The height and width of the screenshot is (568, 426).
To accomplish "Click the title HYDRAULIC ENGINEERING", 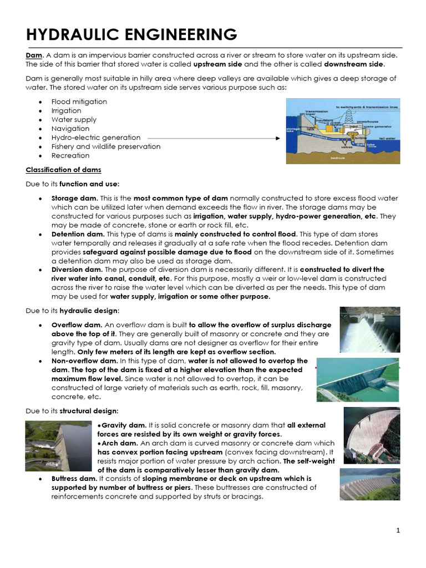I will click(x=132, y=34).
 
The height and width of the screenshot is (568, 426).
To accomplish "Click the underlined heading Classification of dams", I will click(x=63, y=169).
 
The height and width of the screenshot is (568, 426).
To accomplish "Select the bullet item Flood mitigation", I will click(x=79, y=102).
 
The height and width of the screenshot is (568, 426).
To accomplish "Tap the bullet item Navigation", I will click(x=70, y=129).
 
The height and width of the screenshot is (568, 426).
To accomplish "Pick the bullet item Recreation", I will click(x=70, y=155).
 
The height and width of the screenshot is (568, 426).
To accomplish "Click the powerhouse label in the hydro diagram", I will click(x=367, y=120).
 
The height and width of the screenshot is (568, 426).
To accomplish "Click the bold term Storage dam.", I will click(x=74, y=198).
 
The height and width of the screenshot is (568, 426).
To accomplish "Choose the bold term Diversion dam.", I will click(x=77, y=270).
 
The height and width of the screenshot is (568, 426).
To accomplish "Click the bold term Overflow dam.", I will click(x=77, y=325).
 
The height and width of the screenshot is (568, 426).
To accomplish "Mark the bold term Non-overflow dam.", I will click(x=85, y=361).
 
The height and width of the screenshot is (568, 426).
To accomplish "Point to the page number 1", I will click(x=398, y=531).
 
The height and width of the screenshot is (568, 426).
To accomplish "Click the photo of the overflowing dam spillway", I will click(x=369, y=329).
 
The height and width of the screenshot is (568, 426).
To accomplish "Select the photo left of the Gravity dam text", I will click(x=58, y=446).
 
